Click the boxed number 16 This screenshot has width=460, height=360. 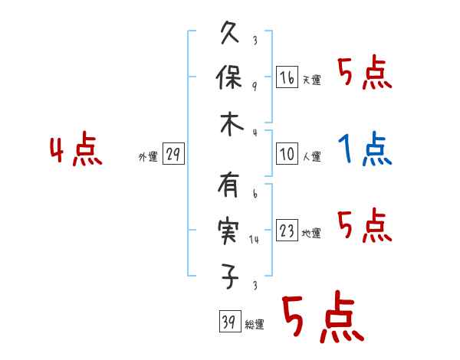[x=287, y=77]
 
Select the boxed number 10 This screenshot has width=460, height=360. [x=287, y=154]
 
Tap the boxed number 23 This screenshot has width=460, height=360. [x=287, y=231]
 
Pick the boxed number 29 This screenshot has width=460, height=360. [x=172, y=154]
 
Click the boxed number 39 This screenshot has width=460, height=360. [x=228, y=322]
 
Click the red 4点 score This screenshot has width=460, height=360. [x=76, y=151]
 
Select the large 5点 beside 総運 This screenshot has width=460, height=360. [x=321, y=317]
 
